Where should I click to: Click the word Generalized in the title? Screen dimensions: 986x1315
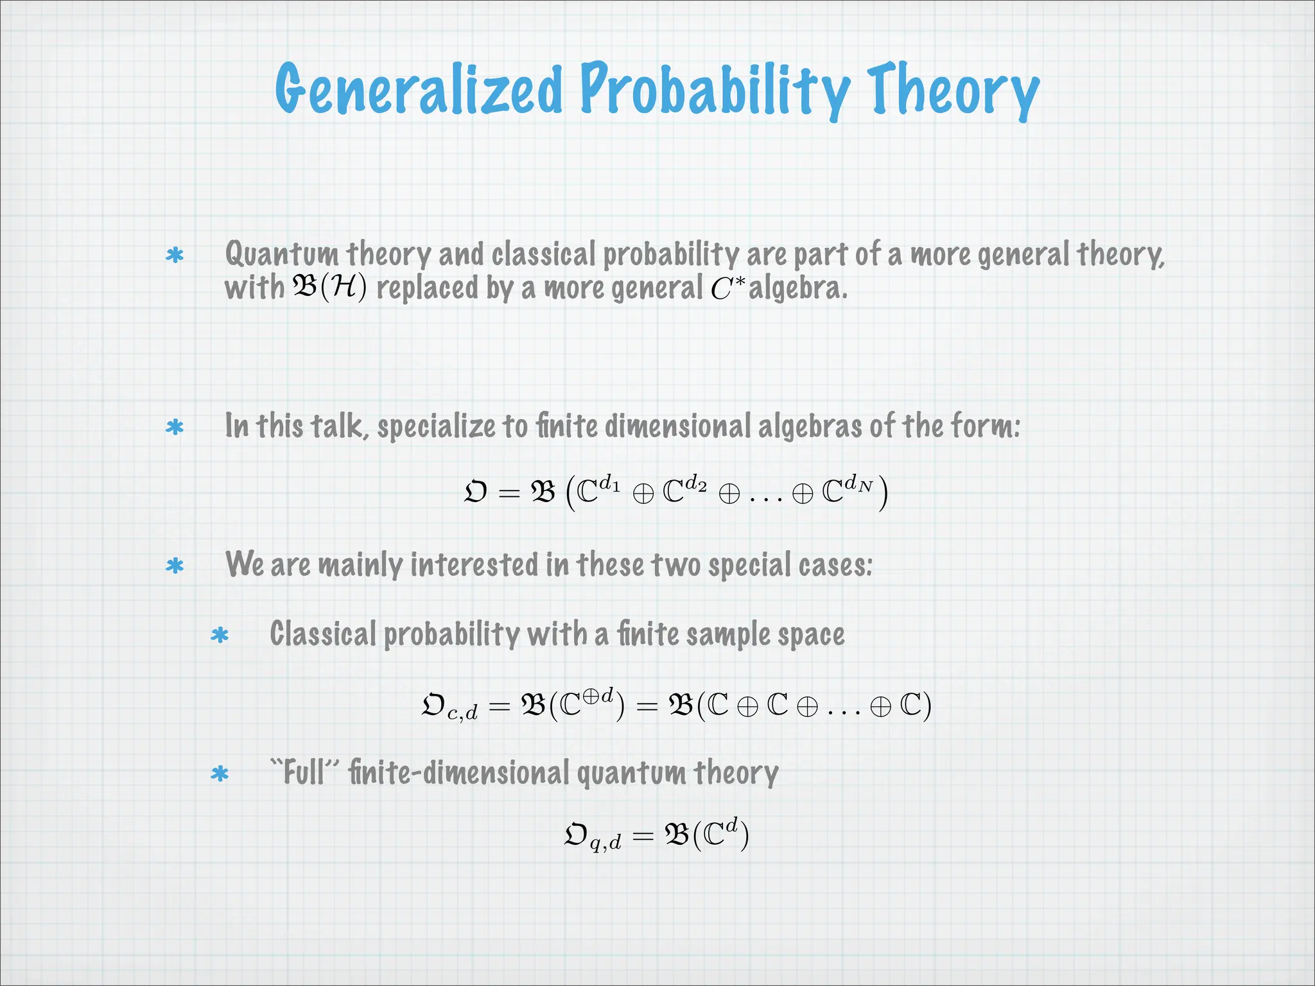click(x=419, y=90)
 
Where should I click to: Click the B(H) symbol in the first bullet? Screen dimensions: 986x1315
click(x=329, y=287)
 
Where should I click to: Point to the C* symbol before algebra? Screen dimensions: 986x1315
click(x=727, y=288)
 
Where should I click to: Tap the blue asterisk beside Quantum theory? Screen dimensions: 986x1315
click(x=175, y=256)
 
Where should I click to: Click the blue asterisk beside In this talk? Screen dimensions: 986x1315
click(x=175, y=428)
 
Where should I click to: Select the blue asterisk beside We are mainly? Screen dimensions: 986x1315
click(x=175, y=566)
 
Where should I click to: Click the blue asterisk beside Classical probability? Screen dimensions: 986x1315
click(x=220, y=636)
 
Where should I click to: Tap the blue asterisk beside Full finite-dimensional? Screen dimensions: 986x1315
click(x=220, y=774)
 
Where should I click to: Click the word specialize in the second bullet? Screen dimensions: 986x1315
click(x=437, y=426)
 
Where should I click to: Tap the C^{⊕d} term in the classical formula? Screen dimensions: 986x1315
click(x=587, y=704)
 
